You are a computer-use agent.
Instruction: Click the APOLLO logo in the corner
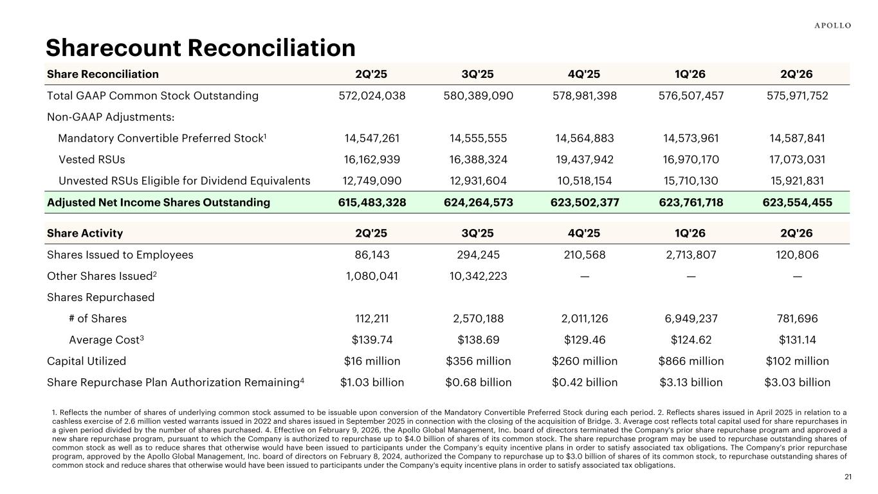832,26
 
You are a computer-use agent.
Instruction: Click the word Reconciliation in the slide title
271,48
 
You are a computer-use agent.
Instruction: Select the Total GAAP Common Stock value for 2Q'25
372,96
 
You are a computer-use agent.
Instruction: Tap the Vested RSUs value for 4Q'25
585,160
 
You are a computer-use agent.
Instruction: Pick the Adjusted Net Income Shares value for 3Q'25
478,203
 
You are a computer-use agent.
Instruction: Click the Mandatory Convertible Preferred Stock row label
162,138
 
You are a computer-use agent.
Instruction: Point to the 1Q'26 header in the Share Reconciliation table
690,74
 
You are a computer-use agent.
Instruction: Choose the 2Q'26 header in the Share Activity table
796,233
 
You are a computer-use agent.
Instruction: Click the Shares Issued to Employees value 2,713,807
691,255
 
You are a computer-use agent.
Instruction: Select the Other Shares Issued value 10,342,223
478,276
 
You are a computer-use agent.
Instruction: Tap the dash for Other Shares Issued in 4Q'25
585,277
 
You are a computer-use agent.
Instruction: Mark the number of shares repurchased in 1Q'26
691,318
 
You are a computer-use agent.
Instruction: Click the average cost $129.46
585,340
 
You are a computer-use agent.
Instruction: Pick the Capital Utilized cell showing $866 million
691,361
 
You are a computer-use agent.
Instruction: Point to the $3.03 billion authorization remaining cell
797,382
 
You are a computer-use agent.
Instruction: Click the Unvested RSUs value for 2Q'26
797,181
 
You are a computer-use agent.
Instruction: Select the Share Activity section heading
85,233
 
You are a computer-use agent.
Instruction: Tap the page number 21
848,477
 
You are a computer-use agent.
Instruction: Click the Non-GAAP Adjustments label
111,117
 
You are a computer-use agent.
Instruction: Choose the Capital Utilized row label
86,361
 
